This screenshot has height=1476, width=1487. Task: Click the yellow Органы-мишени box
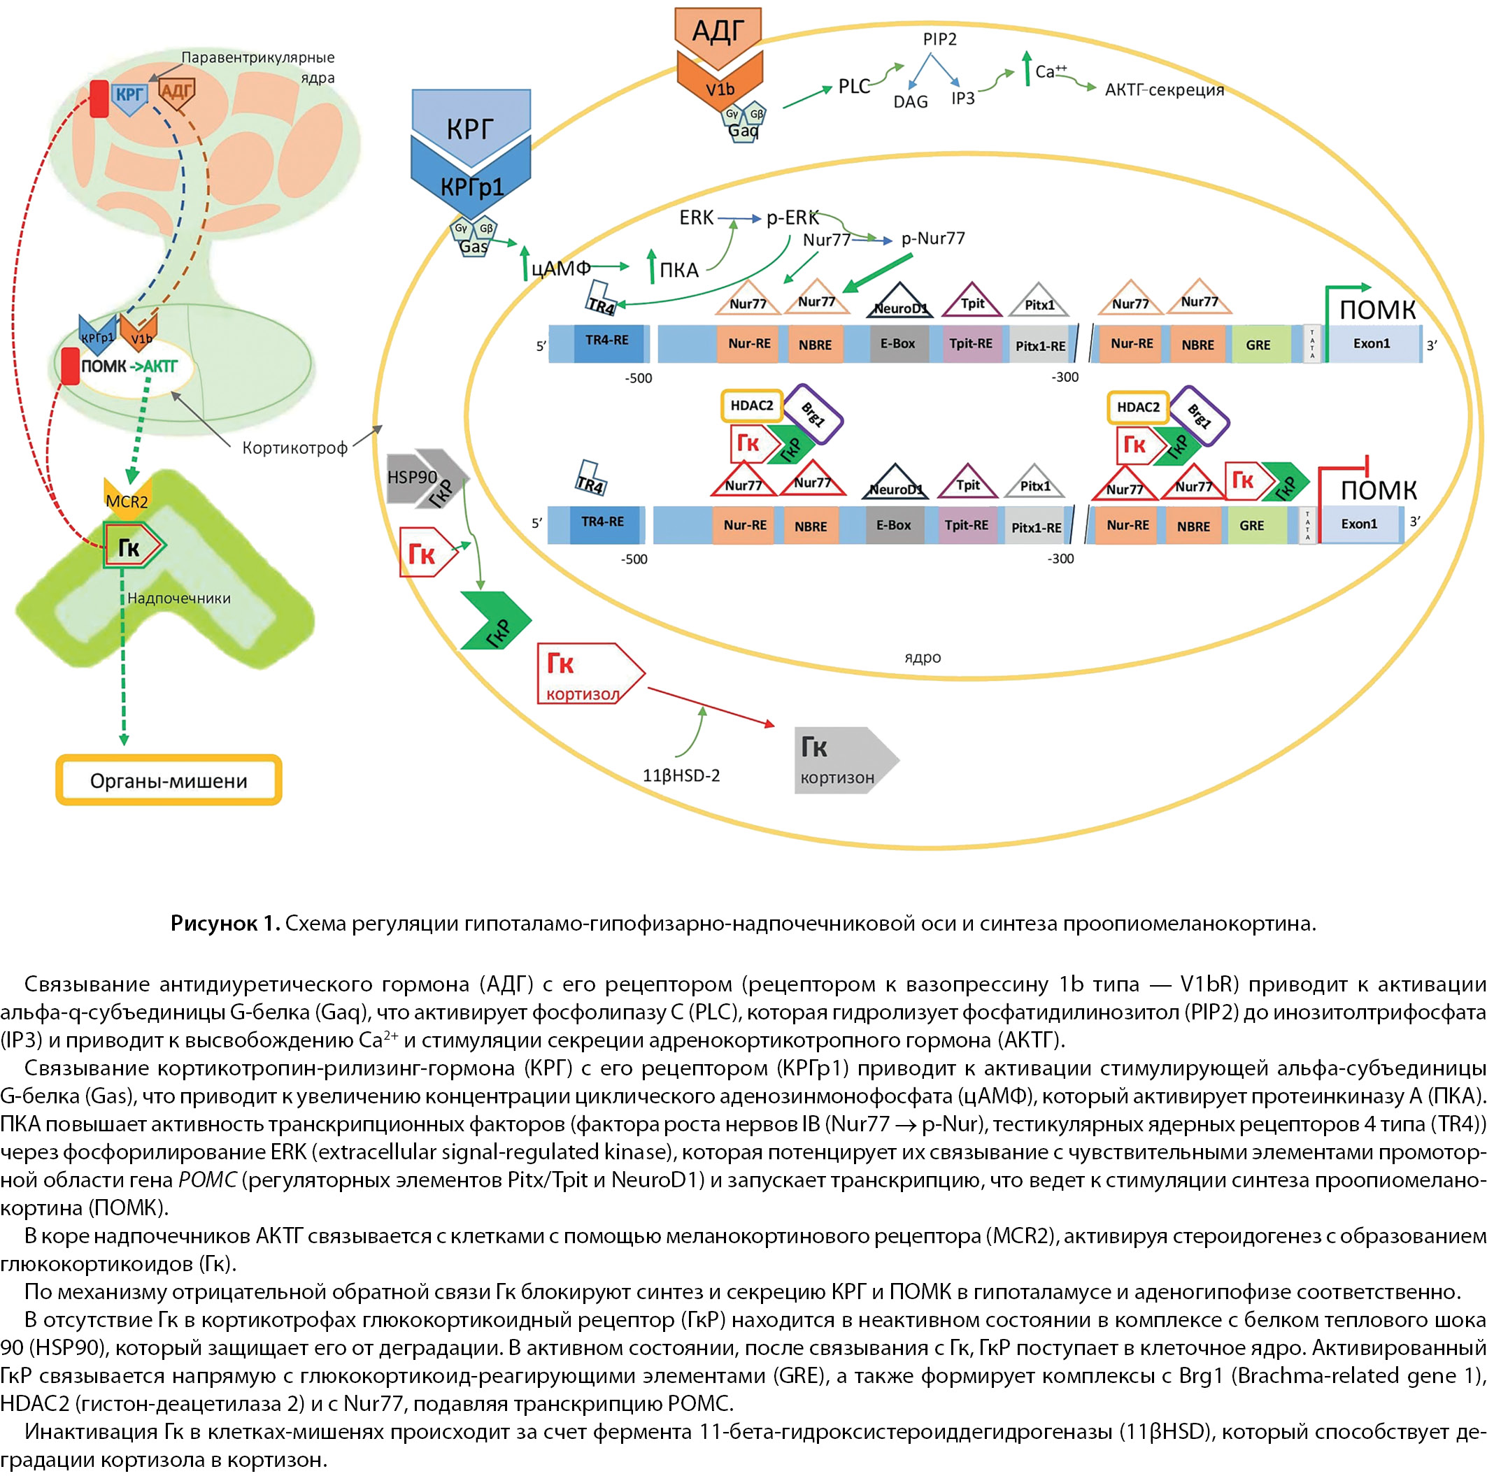169,780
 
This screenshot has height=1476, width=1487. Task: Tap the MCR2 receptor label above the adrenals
127,502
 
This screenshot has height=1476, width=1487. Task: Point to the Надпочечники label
178,598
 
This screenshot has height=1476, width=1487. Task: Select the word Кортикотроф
294,448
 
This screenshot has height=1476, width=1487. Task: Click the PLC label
853,86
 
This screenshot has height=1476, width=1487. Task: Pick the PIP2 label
940,38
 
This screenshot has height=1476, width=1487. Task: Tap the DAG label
911,101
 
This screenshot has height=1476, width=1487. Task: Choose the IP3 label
963,99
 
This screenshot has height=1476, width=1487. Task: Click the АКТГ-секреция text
1164,90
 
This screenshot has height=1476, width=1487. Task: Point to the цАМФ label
561,268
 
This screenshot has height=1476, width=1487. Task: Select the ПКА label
679,270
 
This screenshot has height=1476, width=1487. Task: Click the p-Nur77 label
933,238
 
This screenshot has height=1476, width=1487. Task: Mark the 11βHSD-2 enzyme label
681,775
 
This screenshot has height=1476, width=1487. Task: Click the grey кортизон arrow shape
842,760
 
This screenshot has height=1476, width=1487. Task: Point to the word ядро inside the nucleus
922,657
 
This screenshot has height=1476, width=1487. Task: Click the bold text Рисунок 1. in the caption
225,923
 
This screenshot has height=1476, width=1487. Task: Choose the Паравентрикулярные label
258,58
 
